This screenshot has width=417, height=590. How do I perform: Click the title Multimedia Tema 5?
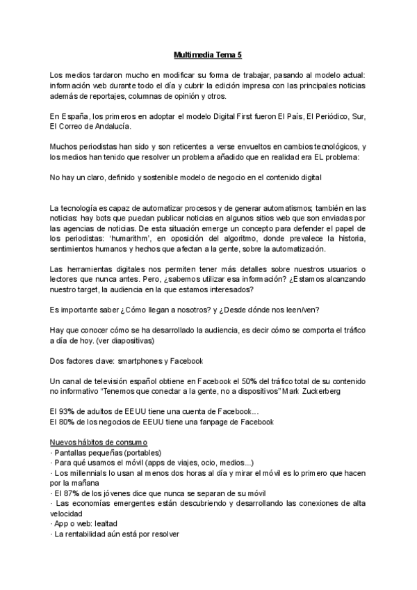(x=208, y=54)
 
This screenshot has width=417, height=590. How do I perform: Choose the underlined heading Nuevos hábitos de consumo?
(x=99, y=442)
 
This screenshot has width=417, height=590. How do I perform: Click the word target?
(x=89, y=290)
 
